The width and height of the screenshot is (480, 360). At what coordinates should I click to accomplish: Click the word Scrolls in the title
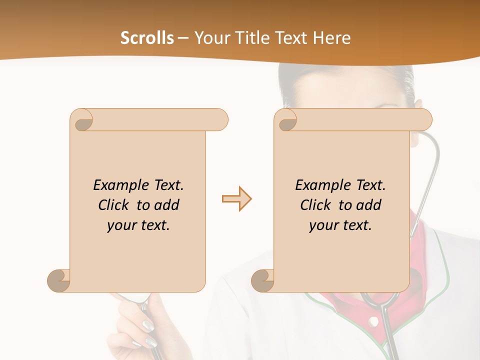coord(147,38)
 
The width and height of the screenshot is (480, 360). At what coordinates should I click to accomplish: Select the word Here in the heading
coord(332,38)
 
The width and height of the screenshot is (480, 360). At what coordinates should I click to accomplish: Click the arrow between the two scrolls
coord(236,199)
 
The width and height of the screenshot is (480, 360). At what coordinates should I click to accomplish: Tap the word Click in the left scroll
coord(114,205)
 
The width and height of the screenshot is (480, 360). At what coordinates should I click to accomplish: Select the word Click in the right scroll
coord(316,205)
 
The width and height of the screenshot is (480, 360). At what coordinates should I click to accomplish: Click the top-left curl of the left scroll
coord(83,120)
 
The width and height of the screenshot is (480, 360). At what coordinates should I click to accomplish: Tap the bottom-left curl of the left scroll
coord(59,280)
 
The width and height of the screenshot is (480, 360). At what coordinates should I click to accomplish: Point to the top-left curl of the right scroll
coord(287,120)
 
